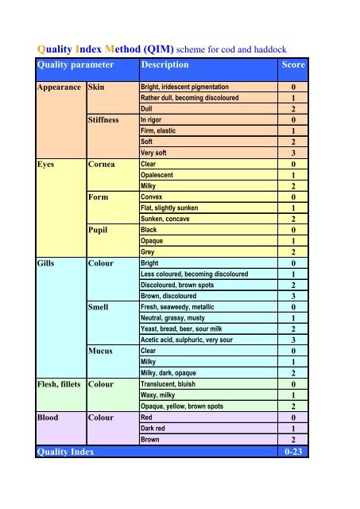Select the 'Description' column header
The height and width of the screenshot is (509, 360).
164,64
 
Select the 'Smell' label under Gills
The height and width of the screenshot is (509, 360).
103,306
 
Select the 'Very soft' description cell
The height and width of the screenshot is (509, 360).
156,153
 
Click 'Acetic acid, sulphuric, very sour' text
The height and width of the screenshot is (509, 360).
195,340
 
